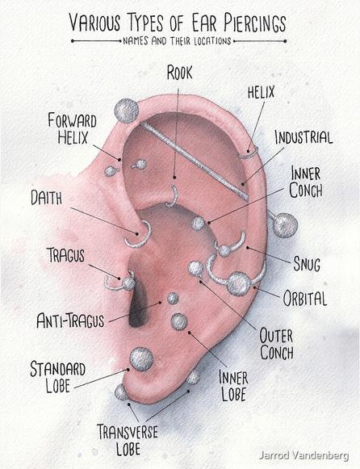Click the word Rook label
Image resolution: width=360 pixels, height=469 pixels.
click(179, 73)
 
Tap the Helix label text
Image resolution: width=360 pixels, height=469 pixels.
click(261, 92)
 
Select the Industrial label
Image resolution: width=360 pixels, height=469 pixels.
click(303, 137)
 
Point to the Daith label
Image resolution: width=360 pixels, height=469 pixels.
click(47, 198)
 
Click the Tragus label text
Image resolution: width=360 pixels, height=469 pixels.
click(65, 255)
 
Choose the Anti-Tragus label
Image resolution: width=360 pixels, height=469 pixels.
click(70, 320)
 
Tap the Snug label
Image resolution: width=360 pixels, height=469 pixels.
click(307, 264)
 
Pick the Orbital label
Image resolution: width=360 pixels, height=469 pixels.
click(304, 298)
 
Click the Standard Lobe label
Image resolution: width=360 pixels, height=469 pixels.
click(57, 377)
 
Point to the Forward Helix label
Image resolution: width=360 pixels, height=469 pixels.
click(73, 128)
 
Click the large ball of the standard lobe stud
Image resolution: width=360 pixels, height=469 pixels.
click(141, 359)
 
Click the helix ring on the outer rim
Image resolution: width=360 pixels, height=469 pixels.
click(248, 156)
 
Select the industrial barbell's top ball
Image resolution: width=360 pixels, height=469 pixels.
click(127, 111)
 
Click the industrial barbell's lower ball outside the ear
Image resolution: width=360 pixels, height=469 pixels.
click(285, 225)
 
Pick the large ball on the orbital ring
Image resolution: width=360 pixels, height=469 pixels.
click(238, 283)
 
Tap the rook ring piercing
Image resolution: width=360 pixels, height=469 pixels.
click(175, 198)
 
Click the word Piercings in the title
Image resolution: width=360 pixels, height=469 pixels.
click(255, 23)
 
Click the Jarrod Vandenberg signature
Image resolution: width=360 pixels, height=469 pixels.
click(303, 455)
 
